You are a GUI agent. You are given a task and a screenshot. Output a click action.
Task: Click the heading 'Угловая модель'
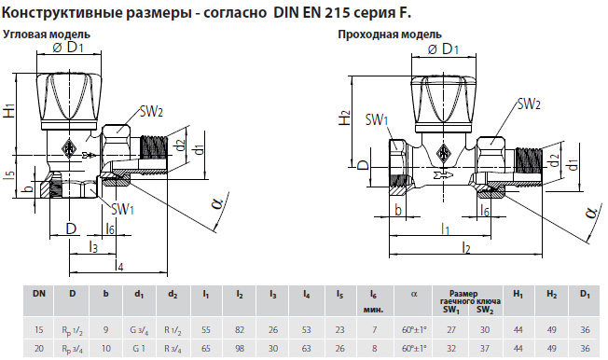point(47,35)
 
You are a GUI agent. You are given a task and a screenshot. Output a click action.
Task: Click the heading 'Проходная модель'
point(389,35)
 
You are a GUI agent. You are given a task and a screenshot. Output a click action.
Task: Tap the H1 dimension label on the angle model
point(9,111)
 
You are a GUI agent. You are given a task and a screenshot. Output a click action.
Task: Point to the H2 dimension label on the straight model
point(345,118)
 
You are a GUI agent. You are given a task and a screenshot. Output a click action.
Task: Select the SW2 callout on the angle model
point(151,112)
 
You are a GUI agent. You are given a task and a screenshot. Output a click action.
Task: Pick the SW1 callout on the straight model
point(376,119)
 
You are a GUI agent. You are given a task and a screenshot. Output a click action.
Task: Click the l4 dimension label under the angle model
point(119,266)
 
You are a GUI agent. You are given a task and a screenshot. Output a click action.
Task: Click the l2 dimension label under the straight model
point(466,247)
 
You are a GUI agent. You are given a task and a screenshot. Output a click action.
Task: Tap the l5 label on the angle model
point(11,175)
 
